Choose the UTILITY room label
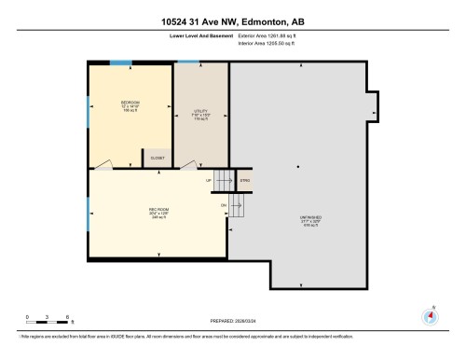[200, 115]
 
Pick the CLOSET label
[158, 158]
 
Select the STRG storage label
[246, 179]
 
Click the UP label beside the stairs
[209, 179]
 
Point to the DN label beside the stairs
[224, 203]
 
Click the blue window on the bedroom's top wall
[120, 62]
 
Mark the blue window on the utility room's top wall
[187, 62]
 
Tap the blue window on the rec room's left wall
[88, 212]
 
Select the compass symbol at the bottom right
[430, 315]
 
